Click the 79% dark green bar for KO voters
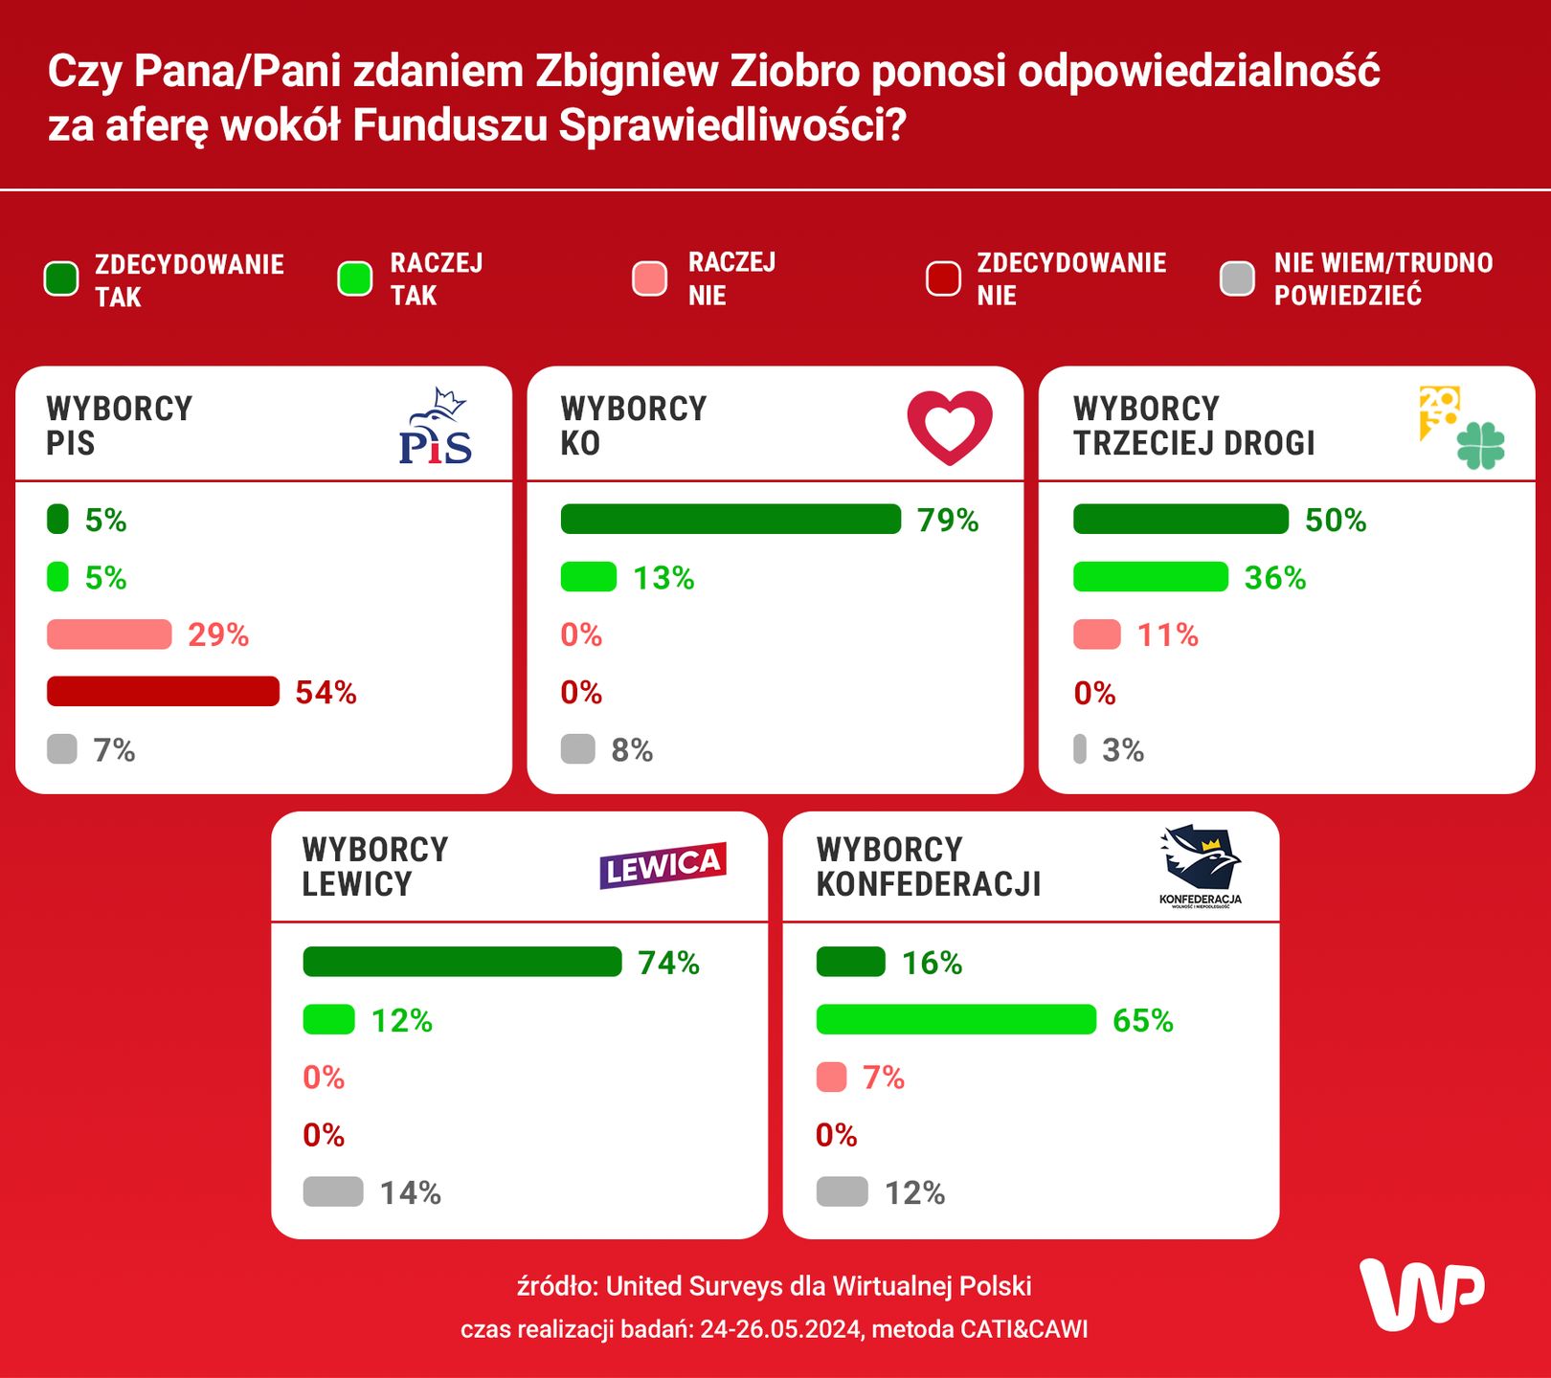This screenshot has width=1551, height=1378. coord(731,519)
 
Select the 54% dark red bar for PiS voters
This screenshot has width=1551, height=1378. coord(163,691)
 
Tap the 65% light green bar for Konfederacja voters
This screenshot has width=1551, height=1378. coord(955,1019)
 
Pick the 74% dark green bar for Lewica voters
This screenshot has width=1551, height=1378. coord(461,962)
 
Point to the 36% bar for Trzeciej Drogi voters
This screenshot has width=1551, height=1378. coord(1150,577)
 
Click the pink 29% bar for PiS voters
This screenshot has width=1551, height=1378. coord(109,633)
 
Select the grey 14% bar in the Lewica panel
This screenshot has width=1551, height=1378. coord(333,1191)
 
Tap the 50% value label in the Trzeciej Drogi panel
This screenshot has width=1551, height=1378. coord(1336,520)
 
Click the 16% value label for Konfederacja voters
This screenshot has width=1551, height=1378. coord(932,963)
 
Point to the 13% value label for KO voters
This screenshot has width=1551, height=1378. coord(663,578)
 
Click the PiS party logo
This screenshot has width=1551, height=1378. coord(436,427)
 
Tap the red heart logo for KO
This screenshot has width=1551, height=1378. coord(950,427)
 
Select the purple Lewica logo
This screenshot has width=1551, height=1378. coord(663,865)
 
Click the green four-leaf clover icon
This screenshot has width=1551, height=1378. coord(1480,445)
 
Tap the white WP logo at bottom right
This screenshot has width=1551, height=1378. coord(1421,1294)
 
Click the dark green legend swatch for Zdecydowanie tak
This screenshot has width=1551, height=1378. coord(62,279)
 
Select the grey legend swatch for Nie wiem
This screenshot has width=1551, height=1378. coord(1237,278)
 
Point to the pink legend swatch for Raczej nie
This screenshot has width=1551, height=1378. coord(650,278)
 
